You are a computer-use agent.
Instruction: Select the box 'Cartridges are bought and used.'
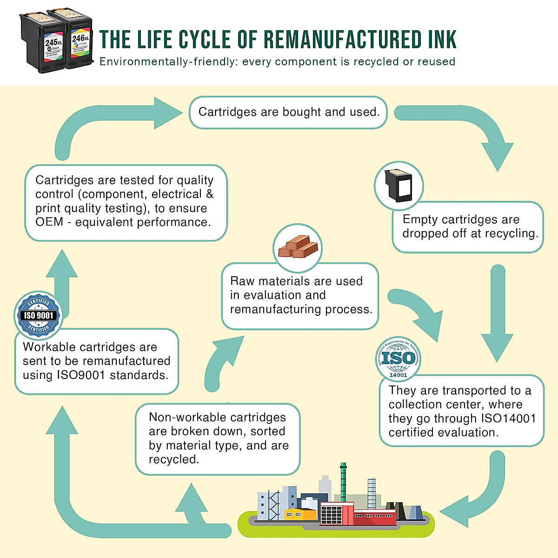click(x=288, y=112)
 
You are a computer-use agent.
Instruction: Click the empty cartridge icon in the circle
click(x=399, y=185)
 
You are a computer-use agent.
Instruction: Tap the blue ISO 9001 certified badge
click(x=39, y=315)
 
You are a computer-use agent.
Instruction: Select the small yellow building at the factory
click(x=300, y=513)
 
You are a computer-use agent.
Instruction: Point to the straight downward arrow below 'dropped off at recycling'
click(x=497, y=316)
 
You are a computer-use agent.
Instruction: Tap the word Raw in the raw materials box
click(x=242, y=281)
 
